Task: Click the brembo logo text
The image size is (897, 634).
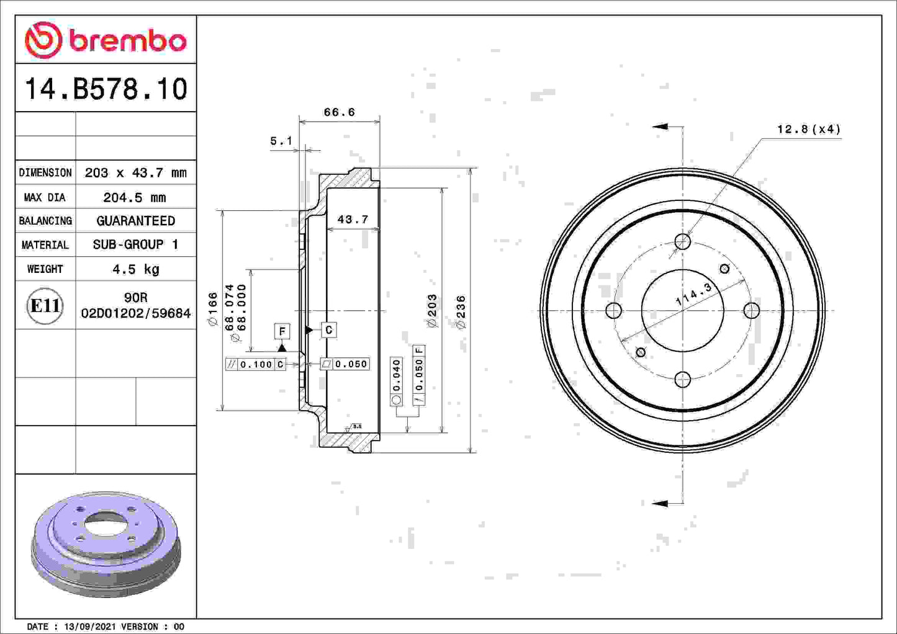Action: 127,41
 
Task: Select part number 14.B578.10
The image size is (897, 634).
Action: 106,89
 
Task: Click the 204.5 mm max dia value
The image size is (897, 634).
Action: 135,197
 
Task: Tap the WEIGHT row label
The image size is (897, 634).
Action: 45,269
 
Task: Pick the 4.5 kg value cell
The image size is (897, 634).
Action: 135,269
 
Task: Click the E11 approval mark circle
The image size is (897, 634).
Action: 45,305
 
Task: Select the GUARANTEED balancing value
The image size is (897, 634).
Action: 135,221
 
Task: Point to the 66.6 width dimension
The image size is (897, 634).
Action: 339,112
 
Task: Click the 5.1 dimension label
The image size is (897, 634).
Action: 281,141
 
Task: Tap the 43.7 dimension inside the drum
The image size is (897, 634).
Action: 353,219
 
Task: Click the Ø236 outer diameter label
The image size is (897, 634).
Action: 461,311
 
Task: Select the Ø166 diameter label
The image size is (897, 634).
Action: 212,309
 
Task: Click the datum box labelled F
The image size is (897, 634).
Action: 282,331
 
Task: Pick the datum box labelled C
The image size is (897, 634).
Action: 328,330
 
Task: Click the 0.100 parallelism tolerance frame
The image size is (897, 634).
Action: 255,364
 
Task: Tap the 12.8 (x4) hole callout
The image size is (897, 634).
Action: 808,129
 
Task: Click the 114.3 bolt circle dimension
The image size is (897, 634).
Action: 693,293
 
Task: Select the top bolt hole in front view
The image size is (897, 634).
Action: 682,241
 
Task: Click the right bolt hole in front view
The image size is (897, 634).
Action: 751,310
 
